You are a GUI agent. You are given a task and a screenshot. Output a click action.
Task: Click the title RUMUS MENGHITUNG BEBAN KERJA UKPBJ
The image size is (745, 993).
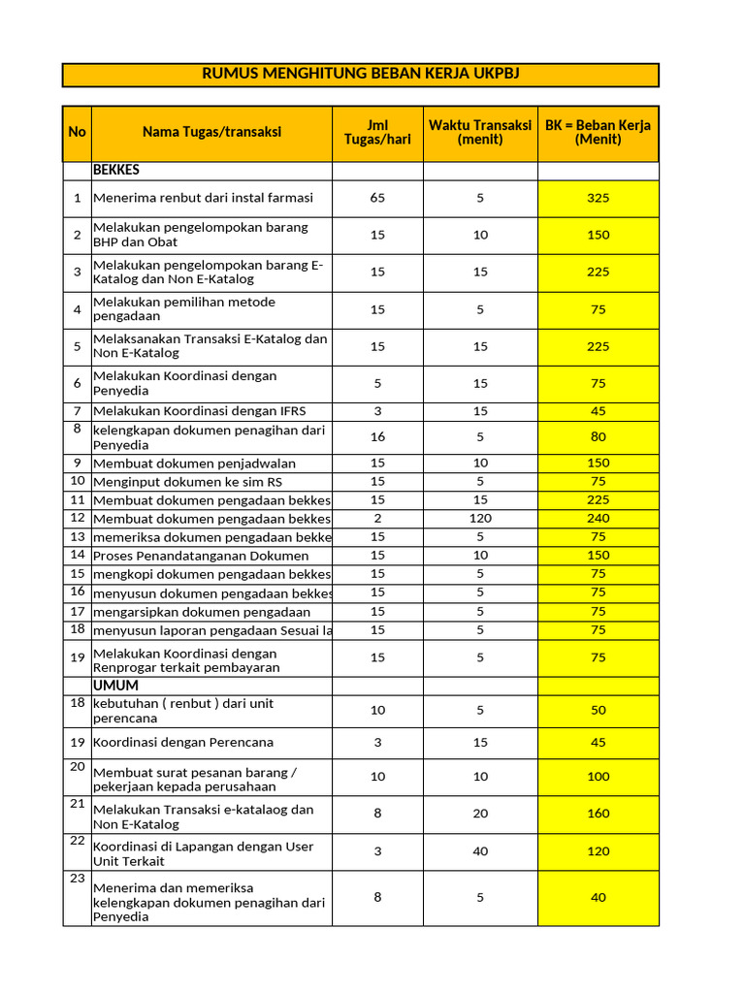tap(360, 75)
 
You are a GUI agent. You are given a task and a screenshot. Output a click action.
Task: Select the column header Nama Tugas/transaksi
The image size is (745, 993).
tap(211, 133)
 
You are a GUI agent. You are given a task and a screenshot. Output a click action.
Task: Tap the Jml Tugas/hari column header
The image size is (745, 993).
tap(377, 133)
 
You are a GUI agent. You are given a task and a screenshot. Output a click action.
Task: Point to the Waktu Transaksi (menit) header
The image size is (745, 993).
tap(480, 133)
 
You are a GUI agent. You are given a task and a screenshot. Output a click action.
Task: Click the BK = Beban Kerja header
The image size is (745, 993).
tap(598, 133)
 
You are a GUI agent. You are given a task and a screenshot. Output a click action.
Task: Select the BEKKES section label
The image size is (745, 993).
tap(116, 170)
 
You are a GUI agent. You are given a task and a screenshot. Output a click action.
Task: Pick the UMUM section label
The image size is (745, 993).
tap(115, 686)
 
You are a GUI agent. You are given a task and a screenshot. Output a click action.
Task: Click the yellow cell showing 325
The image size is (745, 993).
tap(598, 198)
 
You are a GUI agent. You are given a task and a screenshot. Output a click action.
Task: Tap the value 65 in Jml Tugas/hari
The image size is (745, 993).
tap(377, 198)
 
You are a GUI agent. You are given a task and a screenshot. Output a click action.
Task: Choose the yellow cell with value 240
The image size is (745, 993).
tap(598, 518)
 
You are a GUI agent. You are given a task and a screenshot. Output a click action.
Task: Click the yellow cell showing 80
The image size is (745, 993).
tap(598, 437)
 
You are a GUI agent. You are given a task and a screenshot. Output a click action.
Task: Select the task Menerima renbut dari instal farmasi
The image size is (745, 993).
tap(203, 198)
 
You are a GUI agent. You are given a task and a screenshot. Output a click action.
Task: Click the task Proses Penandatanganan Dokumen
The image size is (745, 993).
tap(201, 556)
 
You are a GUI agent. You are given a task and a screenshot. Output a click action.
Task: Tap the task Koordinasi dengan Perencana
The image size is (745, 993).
tap(183, 743)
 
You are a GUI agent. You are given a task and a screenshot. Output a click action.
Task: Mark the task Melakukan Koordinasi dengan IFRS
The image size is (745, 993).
tap(199, 411)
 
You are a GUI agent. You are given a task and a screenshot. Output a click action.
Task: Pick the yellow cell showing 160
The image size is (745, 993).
tap(598, 814)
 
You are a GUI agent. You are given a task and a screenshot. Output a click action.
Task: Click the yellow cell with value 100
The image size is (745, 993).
tap(598, 777)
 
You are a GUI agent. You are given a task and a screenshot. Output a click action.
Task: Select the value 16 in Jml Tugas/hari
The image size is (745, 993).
tap(377, 437)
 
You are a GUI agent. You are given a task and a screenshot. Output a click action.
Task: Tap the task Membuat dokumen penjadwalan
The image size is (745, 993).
tap(195, 464)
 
